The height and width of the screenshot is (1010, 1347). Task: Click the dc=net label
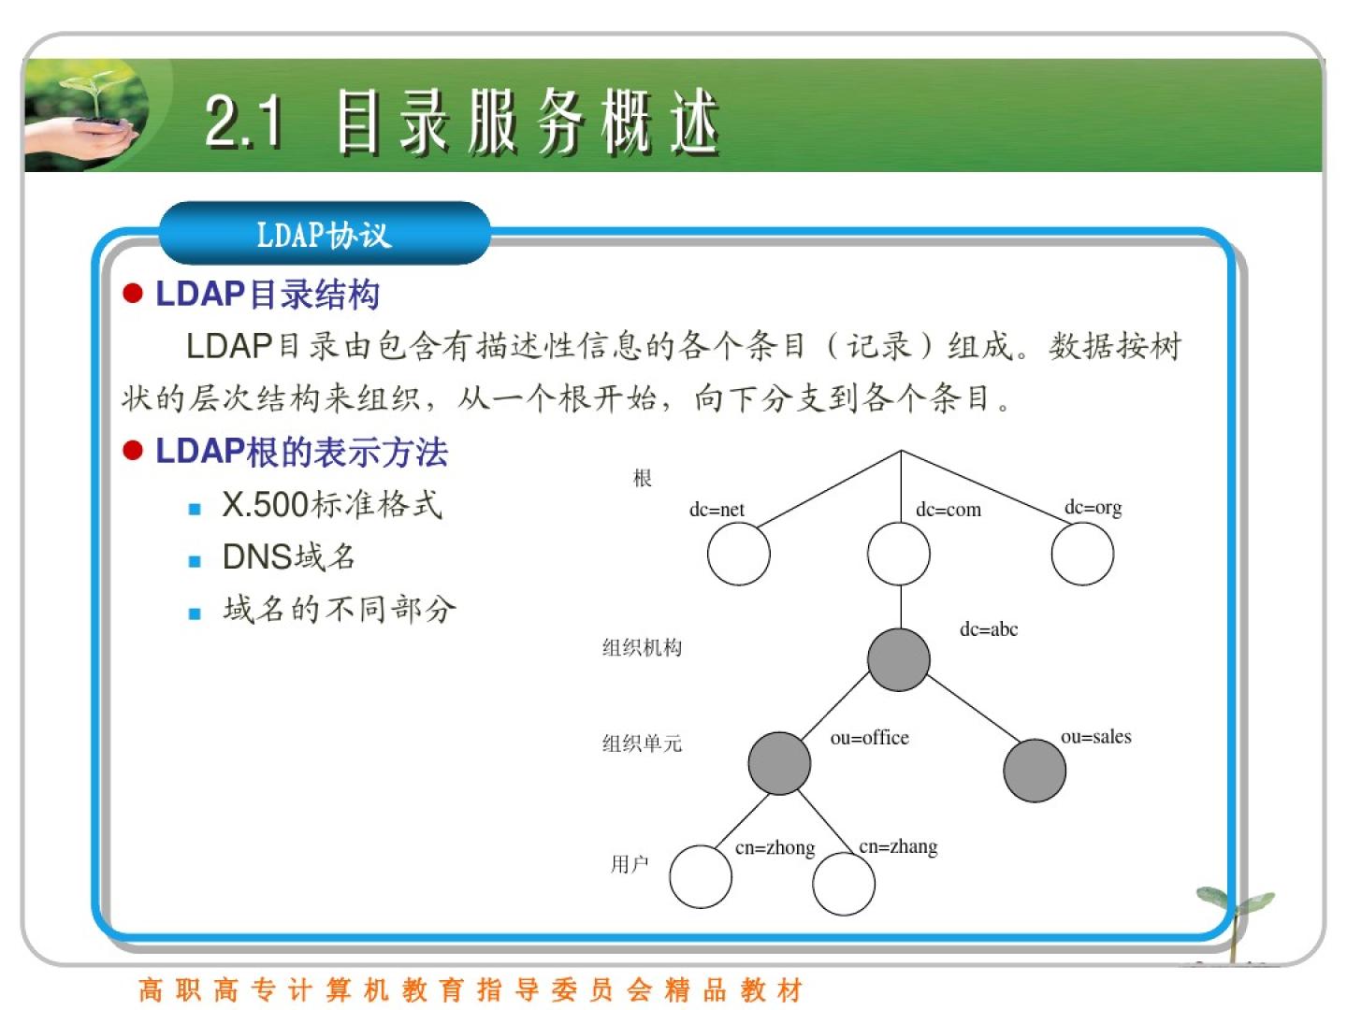pyautogui.click(x=717, y=509)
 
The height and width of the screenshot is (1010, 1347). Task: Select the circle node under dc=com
pyautogui.click(x=898, y=554)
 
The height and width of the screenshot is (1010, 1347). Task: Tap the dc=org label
pyautogui.click(x=1093, y=508)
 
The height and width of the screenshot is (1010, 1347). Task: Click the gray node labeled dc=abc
pyautogui.click(x=898, y=659)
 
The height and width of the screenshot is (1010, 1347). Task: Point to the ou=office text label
pyautogui.click(x=869, y=737)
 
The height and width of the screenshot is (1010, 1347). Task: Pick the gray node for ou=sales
pyautogui.click(x=1035, y=771)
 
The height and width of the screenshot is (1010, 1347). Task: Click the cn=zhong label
pyautogui.click(x=775, y=848)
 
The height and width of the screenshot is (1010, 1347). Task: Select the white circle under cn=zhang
pyautogui.click(x=844, y=884)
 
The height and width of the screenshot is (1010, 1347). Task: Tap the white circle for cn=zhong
pyautogui.click(x=701, y=876)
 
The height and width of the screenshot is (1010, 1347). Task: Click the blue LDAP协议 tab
pyautogui.click(x=324, y=234)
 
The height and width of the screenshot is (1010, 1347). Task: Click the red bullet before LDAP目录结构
pyautogui.click(x=133, y=293)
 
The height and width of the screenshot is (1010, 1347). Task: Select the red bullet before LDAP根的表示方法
pyautogui.click(x=133, y=451)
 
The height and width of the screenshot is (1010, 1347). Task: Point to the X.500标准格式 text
pyautogui.click(x=332, y=504)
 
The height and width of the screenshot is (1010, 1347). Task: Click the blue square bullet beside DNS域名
pyautogui.click(x=195, y=561)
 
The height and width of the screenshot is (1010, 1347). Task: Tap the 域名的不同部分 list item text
pyautogui.click(x=340, y=609)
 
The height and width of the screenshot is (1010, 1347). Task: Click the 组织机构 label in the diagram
pyautogui.click(x=642, y=647)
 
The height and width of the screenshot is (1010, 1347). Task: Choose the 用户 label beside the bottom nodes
pyautogui.click(x=629, y=864)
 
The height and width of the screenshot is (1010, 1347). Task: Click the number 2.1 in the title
pyautogui.click(x=243, y=122)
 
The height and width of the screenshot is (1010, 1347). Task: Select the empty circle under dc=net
pyautogui.click(x=738, y=554)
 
